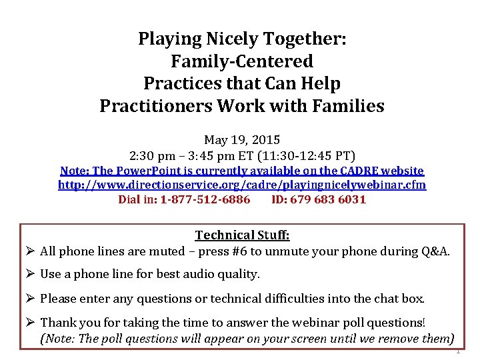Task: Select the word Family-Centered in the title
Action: tap(242, 61)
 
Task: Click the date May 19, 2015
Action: tap(242, 141)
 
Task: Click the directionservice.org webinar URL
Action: tap(242, 185)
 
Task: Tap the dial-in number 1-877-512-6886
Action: tap(205, 199)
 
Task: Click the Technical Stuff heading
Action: tap(242, 235)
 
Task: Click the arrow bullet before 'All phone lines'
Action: tap(31, 252)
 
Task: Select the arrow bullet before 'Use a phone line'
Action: tap(31, 274)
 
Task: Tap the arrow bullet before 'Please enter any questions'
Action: tap(31, 298)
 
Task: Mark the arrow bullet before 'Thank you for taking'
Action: tap(31, 323)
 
